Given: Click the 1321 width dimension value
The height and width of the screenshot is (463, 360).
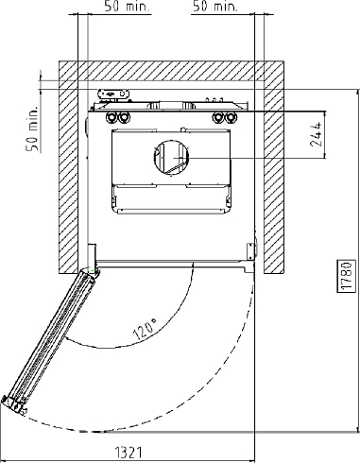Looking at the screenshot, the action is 129,453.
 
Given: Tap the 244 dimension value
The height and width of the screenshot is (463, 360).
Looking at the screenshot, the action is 317,134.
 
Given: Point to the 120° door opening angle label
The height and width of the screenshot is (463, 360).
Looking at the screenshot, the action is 146,329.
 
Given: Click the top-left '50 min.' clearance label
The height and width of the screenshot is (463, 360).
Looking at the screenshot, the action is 127,7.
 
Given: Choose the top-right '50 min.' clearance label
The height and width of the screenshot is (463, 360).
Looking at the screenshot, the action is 214,7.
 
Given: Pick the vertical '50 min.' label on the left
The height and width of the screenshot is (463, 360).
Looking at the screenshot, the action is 32,129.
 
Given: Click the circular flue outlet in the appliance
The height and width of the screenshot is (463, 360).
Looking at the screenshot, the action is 171,157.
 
